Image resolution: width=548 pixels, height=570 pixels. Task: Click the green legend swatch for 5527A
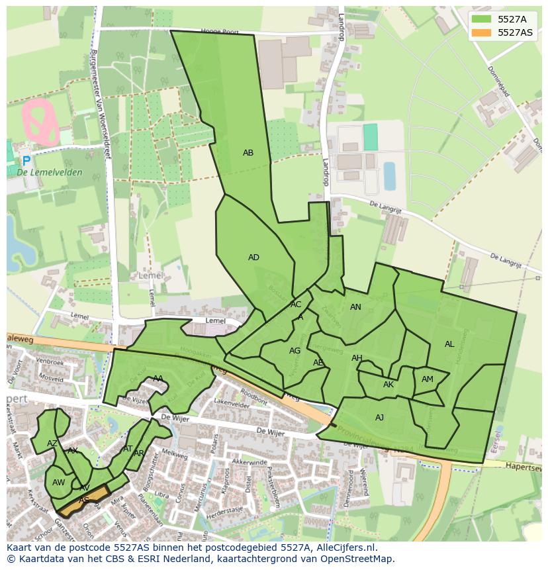click(x=482, y=19)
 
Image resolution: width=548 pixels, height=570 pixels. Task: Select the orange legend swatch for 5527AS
click(x=482, y=32)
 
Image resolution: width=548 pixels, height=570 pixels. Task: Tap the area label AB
click(x=248, y=153)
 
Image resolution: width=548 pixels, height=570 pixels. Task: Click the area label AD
click(x=253, y=258)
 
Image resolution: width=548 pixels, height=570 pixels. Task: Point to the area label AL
click(x=449, y=344)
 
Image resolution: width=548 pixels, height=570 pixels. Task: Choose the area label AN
click(x=355, y=307)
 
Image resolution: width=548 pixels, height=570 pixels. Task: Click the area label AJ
click(x=379, y=418)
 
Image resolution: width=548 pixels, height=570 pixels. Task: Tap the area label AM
click(x=428, y=379)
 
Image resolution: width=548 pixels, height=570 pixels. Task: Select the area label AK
click(x=388, y=385)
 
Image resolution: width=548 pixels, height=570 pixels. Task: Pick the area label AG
click(x=295, y=351)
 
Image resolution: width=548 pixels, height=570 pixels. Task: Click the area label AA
click(x=158, y=379)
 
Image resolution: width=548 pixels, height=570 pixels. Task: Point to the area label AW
click(x=59, y=483)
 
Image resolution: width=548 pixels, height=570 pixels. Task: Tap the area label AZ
click(x=52, y=444)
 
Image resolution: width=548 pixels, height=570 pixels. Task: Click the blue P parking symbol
click(x=26, y=161)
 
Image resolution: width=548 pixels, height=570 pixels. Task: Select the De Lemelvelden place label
click(x=50, y=173)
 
